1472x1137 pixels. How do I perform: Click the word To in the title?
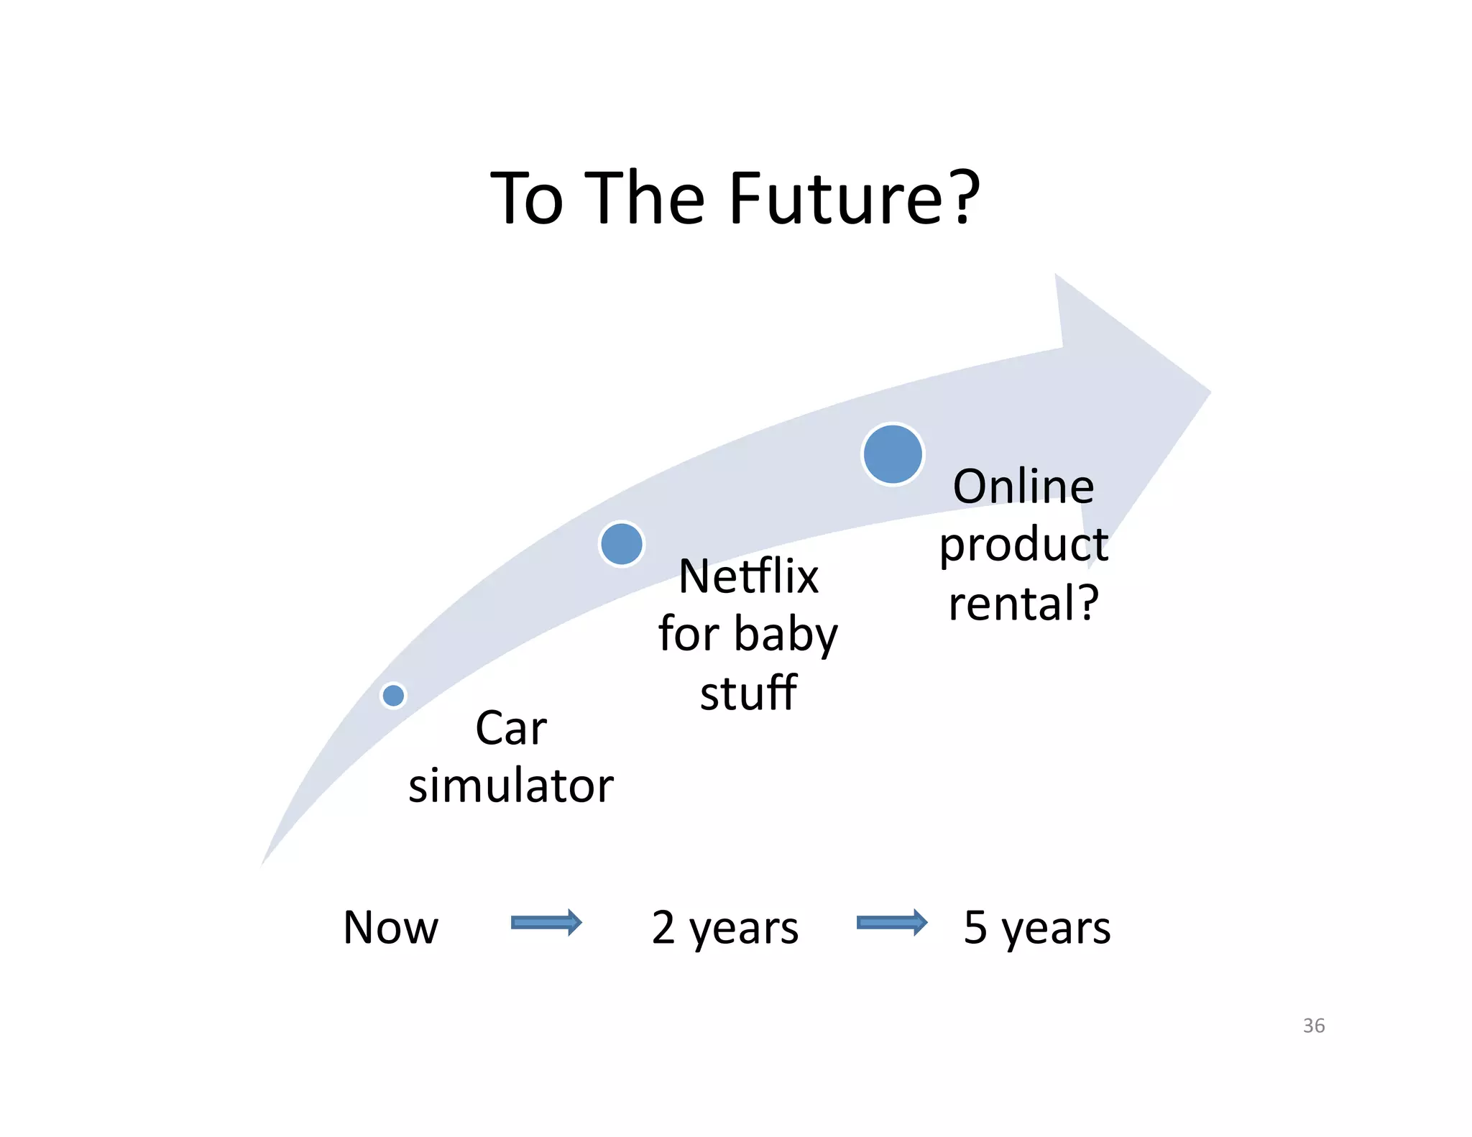pyautogui.click(x=526, y=199)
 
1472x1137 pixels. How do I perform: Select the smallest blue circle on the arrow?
pyautogui.click(x=393, y=695)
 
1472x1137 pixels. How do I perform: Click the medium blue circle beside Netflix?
pyautogui.click(x=621, y=544)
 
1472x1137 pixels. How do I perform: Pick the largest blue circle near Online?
pyautogui.click(x=893, y=454)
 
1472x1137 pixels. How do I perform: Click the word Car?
pyautogui.click(x=510, y=728)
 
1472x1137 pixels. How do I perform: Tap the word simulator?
pyautogui.click(x=510, y=786)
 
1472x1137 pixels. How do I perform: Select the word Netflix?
pyautogui.click(x=748, y=576)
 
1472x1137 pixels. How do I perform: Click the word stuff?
pyautogui.click(x=748, y=694)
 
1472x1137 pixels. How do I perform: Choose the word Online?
pyautogui.click(x=1023, y=487)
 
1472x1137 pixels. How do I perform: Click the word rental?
pyautogui.click(x=1023, y=603)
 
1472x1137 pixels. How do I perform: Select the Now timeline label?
pyautogui.click(x=390, y=927)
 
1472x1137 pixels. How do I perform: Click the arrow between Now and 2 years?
pyautogui.click(x=546, y=923)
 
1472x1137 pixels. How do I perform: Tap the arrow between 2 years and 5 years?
pyautogui.click(x=891, y=923)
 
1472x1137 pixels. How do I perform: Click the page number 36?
pyautogui.click(x=1313, y=1026)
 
